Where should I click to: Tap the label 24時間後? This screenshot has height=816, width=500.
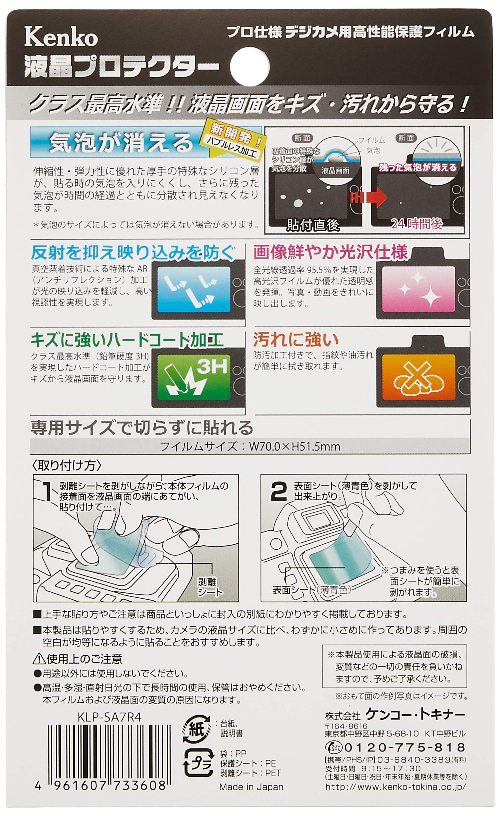click(417, 224)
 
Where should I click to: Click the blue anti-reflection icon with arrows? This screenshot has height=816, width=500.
click(194, 289)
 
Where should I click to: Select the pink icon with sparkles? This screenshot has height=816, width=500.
click(418, 289)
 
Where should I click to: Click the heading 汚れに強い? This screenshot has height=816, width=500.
click(296, 340)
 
